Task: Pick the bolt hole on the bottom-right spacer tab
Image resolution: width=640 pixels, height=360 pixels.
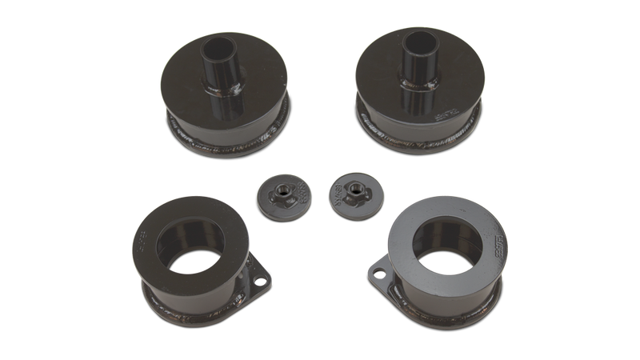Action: pos(381,278)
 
